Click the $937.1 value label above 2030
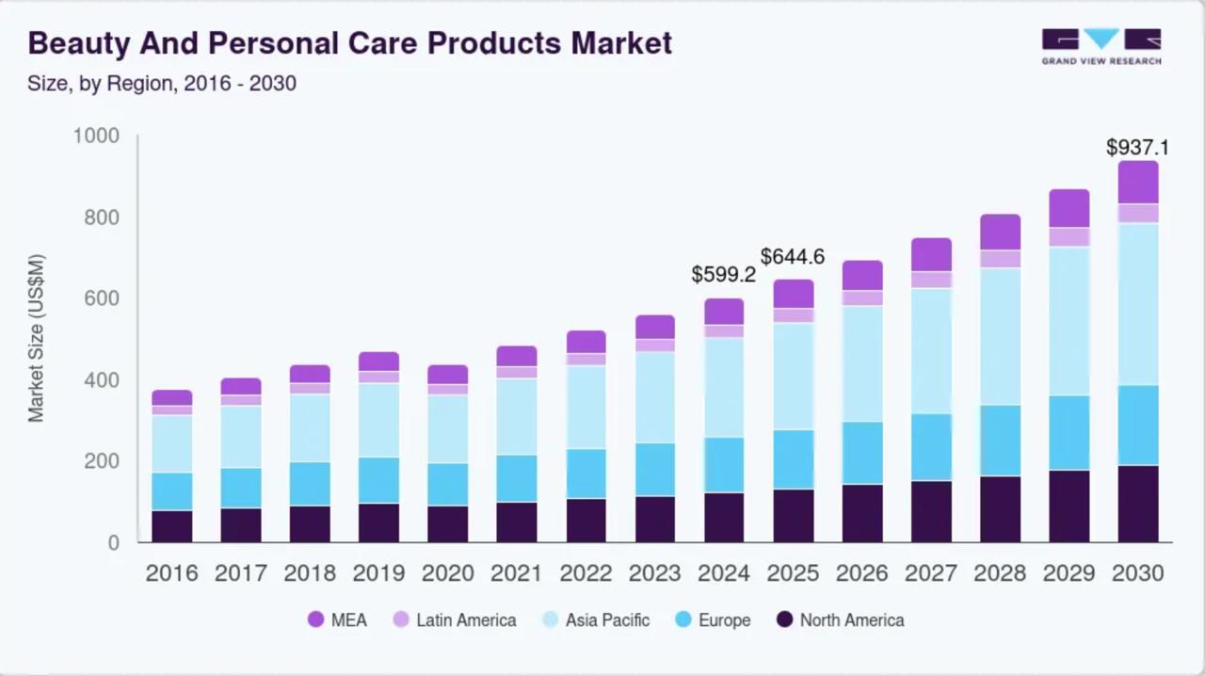(x=1137, y=148)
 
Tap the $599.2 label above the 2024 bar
(x=723, y=275)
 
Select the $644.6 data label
(x=792, y=256)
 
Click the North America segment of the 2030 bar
(x=1137, y=504)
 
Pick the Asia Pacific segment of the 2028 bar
(x=1000, y=336)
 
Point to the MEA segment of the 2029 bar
(x=1068, y=208)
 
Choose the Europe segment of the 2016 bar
(x=171, y=491)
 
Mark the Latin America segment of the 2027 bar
(x=931, y=280)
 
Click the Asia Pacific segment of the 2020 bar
(x=447, y=428)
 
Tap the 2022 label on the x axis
(x=586, y=573)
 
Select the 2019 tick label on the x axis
(x=378, y=573)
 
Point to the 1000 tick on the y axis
(x=96, y=137)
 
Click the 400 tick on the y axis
(x=103, y=380)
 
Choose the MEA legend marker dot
(x=315, y=620)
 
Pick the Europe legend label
(x=724, y=620)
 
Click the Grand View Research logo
(x=1101, y=46)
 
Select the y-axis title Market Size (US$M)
(x=36, y=338)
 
